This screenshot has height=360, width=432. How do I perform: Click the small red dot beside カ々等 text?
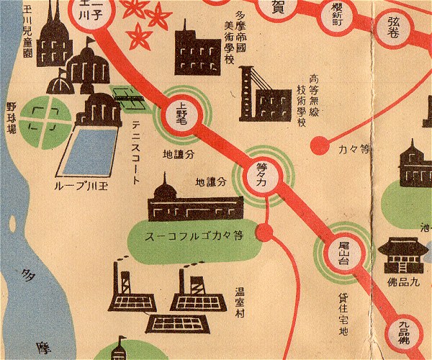point(314,147)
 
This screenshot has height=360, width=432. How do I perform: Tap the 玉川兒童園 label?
point(30,32)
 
